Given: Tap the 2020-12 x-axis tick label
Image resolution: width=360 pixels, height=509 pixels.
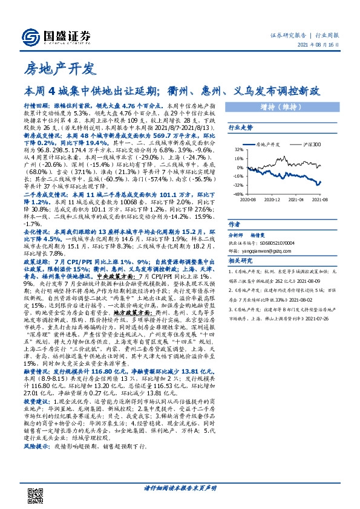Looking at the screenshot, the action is pos(273,198).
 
